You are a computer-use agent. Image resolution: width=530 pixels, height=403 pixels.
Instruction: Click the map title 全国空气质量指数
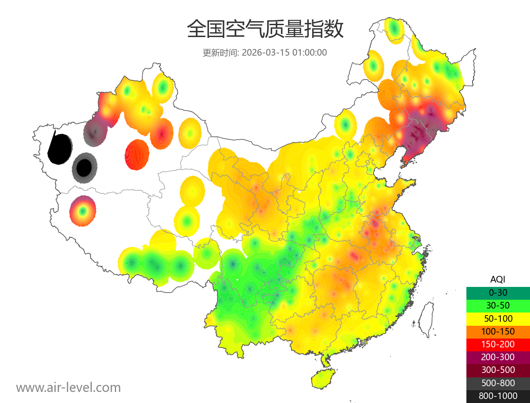(x=265, y=30)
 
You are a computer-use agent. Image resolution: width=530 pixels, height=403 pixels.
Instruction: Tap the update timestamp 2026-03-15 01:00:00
(x=284, y=53)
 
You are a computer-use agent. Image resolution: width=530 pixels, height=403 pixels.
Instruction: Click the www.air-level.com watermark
(x=68, y=388)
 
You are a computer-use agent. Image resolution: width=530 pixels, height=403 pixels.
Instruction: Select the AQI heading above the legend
(x=498, y=279)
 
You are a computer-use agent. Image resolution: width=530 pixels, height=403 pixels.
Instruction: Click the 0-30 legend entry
(x=498, y=292)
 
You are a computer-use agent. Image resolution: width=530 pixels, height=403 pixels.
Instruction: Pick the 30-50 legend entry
(x=498, y=305)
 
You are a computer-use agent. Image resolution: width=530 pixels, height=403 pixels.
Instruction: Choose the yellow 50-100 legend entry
(x=498, y=318)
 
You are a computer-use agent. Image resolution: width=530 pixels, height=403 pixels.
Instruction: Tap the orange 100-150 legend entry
(x=498, y=331)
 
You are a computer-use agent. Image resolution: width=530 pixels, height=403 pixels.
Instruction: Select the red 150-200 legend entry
(x=498, y=344)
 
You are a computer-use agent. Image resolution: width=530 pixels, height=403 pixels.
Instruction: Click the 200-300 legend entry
(x=498, y=357)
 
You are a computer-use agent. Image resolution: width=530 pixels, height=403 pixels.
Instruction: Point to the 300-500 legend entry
(x=498, y=370)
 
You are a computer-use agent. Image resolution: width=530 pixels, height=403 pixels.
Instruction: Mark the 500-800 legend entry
(x=498, y=383)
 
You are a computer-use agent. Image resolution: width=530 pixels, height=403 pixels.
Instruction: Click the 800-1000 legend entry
(x=498, y=396)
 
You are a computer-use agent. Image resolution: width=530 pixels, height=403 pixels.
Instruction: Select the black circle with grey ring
(x=84, y=168)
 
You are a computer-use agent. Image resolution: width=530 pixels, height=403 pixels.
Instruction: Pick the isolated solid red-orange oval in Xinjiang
(x=137, y=154)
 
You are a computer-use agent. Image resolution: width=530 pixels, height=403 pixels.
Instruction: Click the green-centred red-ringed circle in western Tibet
(x=82, y=211)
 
